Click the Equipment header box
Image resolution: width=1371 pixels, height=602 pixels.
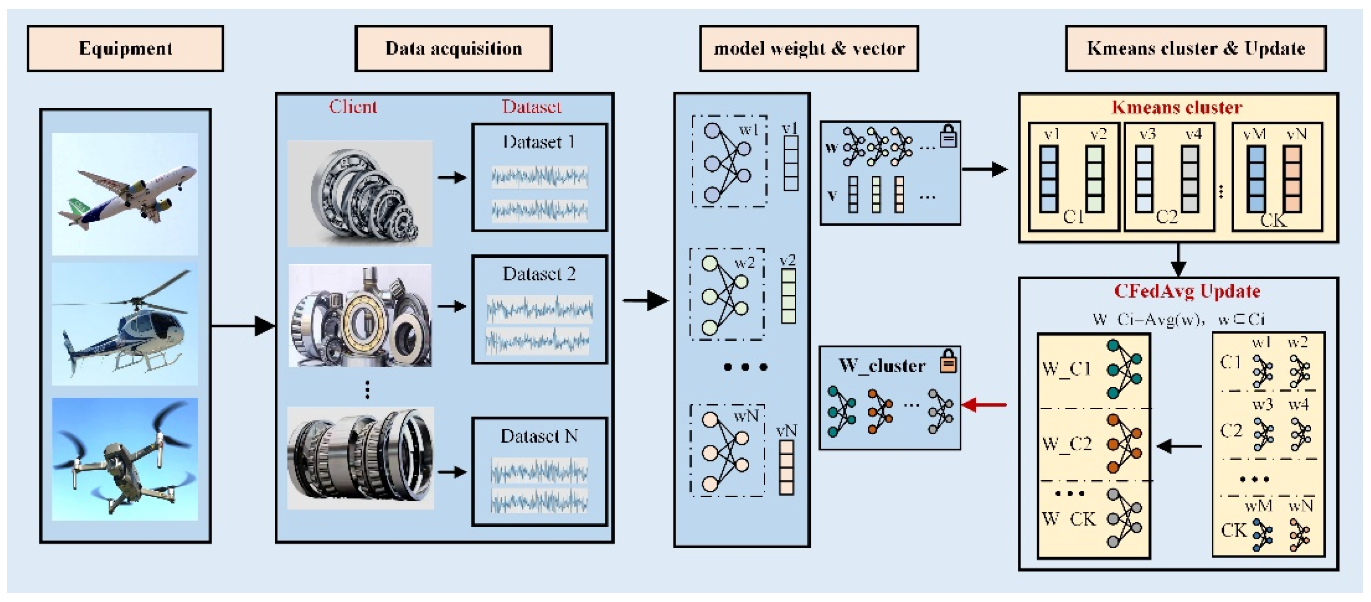pos(125,49)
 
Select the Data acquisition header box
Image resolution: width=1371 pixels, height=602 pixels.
pos(453,49)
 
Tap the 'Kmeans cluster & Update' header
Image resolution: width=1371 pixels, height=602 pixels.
pos(1195,49)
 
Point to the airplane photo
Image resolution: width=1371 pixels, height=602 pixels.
pos(125,194)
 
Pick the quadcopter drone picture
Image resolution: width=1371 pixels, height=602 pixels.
pos(125,459)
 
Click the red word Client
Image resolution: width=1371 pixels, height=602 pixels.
pos(352,107)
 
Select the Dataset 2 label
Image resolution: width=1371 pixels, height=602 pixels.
pos(539,274)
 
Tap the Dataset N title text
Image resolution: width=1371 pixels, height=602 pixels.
pos(539,436)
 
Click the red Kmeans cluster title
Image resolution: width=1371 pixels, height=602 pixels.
pos(1177,108)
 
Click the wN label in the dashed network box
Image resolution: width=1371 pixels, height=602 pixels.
pos(745,416)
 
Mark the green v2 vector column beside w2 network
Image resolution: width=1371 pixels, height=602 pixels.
pos(788,296)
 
